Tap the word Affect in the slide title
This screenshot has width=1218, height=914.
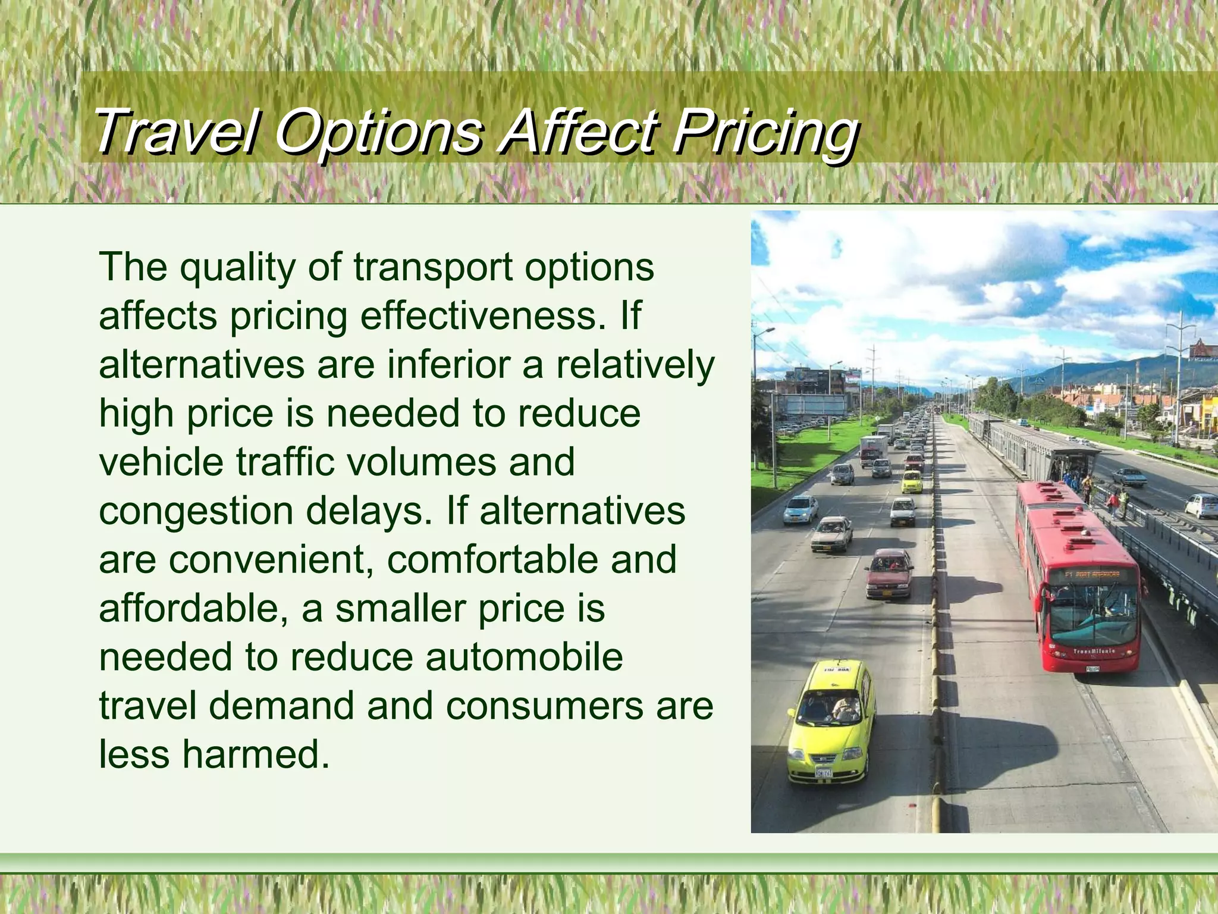click(x=576, y=131)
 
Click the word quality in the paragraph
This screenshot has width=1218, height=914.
click(x=237, y=267)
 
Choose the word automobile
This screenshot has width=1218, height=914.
click(x=524, y=657)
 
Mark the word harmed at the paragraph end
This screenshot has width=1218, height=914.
click(x=255, y=755)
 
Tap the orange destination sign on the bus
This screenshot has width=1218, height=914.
click(x=1091, y=575)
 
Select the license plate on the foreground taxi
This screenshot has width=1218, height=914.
click(x=823, y=772)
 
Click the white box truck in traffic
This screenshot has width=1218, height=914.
click(x=873, y=449)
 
